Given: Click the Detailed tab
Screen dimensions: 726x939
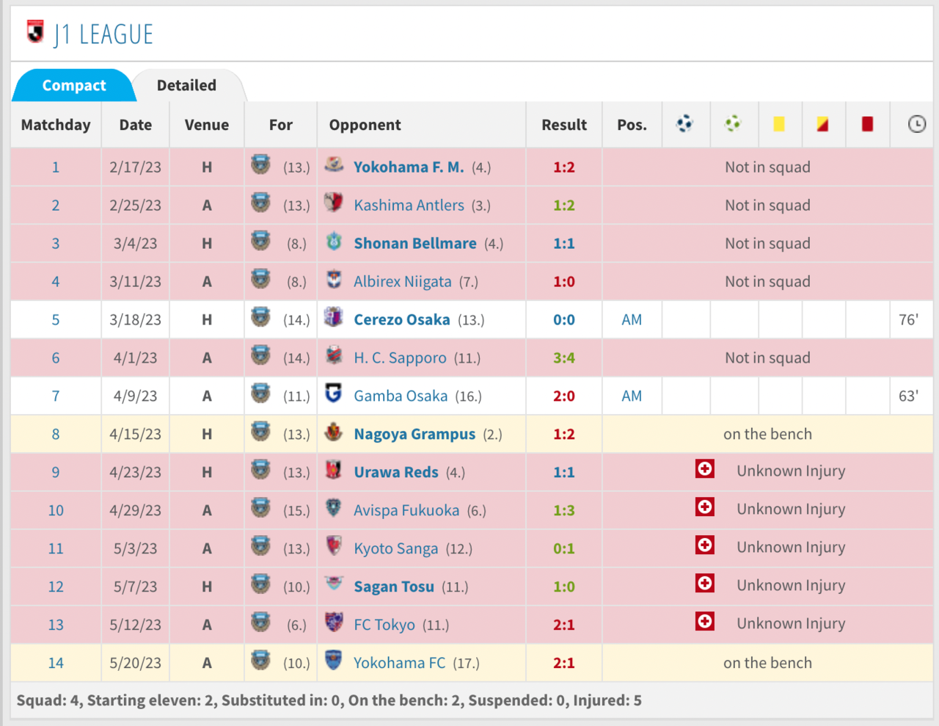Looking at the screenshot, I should (x=186, y=86).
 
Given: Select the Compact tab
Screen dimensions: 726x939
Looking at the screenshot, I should (x=74, y=86).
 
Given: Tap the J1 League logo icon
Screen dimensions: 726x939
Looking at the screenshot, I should (x=35, y=32).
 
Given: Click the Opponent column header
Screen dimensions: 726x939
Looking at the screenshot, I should (x=365, y=125).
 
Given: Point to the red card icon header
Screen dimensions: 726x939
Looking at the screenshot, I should (x=867, y=124).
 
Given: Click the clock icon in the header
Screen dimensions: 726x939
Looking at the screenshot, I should (x=916, y=124).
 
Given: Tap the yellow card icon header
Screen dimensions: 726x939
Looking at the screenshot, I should (x=778, y=124).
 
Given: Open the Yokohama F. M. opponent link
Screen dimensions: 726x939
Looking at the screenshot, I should (x=409, y=167).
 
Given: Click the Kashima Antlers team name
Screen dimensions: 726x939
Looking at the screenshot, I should (x=409, y=206).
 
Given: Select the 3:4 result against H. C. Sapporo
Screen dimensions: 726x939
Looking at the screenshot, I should (x=563, y=358).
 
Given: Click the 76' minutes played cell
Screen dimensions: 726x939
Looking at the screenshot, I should (x=908, y=320).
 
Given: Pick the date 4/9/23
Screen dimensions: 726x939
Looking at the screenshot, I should (x=135, y=396).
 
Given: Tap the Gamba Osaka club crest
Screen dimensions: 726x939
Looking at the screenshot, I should (x=334, y=394).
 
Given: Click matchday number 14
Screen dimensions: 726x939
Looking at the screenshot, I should (x=56, y=664).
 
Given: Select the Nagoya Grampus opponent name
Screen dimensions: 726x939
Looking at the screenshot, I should (x=414, y=435).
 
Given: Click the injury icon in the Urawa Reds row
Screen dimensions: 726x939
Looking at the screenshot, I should (x=705, y=469).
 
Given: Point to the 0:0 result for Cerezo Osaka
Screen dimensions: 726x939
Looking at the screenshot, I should (x=563, y=320).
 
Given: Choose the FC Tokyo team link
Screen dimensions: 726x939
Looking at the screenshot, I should (x=384, y=625).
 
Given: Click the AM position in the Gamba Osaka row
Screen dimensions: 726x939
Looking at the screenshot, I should (x=632, y=396).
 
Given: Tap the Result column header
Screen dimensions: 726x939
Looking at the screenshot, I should (x=563, y=125).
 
